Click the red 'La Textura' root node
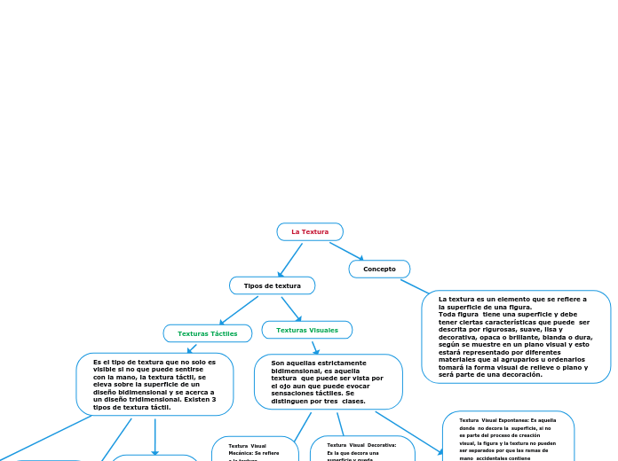point(310,232)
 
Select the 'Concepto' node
point(379,269)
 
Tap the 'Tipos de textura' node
point(272,285)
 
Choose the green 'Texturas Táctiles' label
point(207,333)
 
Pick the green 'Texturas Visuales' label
point(306,330)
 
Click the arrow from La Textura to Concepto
point(346,251)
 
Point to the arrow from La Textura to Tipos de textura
point(290,259)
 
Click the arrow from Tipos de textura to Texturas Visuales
point(291,309)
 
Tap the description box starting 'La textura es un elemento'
point(516,337)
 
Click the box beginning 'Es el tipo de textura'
point(154,385)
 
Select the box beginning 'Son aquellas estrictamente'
point(328,382)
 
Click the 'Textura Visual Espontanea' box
point(508,436)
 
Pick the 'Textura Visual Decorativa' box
point(362,449)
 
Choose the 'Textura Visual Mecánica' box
point(255,449)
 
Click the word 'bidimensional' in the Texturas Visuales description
point(295,371)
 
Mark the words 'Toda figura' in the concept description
point(457,314)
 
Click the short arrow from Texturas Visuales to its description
point(314,348)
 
